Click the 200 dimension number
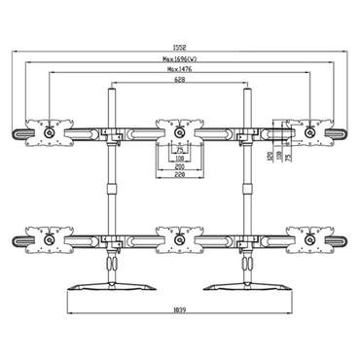click(177, 167)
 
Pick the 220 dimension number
click(177, 177)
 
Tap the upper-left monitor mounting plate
click(48, 130)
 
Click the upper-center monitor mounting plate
click(177, 130)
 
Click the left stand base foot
click(109, 286)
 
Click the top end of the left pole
click(110, 90)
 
